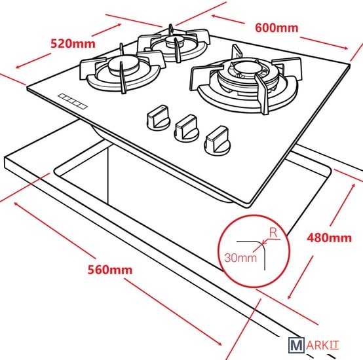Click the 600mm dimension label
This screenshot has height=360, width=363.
[277, 28]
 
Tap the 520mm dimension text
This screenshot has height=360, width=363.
[73, 44]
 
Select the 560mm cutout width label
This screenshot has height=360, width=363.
[110, 270]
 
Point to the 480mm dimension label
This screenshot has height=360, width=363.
[329, 238]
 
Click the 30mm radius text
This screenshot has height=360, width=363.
[240, 258]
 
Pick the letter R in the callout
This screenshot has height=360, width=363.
[273, 233]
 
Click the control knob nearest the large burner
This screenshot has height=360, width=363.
[217, 141]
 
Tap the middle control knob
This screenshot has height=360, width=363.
[187, 128]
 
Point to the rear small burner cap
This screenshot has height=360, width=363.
[175, 41]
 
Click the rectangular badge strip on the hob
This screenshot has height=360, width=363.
[73, 101]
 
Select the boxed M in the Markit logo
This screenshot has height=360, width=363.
[296, 345]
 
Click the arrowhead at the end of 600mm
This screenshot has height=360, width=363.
[345, 48]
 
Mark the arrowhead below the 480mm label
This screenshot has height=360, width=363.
[290, 297]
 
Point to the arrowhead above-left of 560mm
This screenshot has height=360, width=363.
[16, 204]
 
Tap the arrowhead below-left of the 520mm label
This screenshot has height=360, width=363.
[18, 67]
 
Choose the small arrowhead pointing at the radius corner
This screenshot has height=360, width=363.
[264, 243]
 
